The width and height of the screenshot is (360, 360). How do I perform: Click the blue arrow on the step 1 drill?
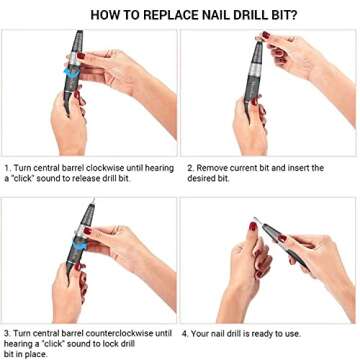pos(68,72)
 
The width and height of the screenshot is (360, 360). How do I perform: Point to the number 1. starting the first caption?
pos(7,167)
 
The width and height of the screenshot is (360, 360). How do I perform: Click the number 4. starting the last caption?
pos(189,333)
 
